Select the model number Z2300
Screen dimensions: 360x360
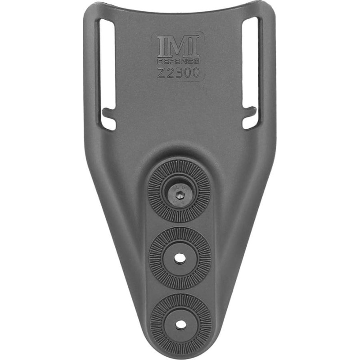179,73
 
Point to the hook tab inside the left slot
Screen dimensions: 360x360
107,111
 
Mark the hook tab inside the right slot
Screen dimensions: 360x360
251,111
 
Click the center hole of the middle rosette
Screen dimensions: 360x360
180,258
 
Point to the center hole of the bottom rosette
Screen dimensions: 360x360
180,324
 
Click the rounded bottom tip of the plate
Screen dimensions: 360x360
180,354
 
